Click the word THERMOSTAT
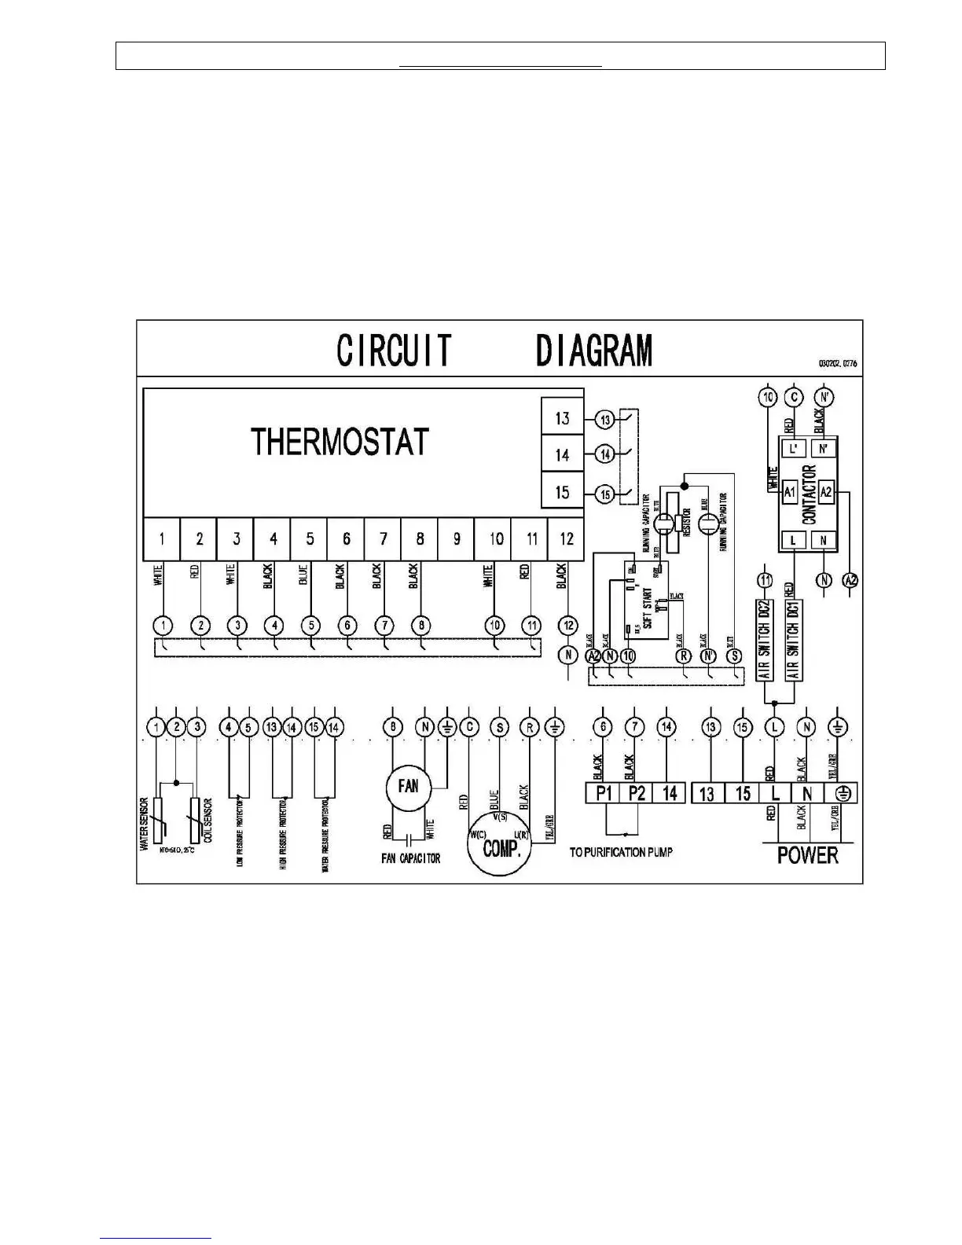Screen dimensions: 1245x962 coord(340,442)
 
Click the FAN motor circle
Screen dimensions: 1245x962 coord(409,785)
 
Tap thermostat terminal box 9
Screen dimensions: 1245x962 coord(457,538)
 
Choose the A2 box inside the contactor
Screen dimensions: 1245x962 coord(826,493)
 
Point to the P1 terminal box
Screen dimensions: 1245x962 coord(604,793)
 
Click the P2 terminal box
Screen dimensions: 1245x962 coord(637,793)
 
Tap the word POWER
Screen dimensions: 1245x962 coord(807,855)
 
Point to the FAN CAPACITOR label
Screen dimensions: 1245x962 coord(410,858)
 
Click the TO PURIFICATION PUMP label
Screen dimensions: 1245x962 coord(621,852)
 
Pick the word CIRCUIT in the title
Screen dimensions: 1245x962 coord(395,351)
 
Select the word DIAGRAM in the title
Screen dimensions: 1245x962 coord(594,351)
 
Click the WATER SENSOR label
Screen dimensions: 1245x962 coord(145,824)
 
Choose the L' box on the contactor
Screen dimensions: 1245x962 coord(793,448)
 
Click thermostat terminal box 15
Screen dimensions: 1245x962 coord(562,493)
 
